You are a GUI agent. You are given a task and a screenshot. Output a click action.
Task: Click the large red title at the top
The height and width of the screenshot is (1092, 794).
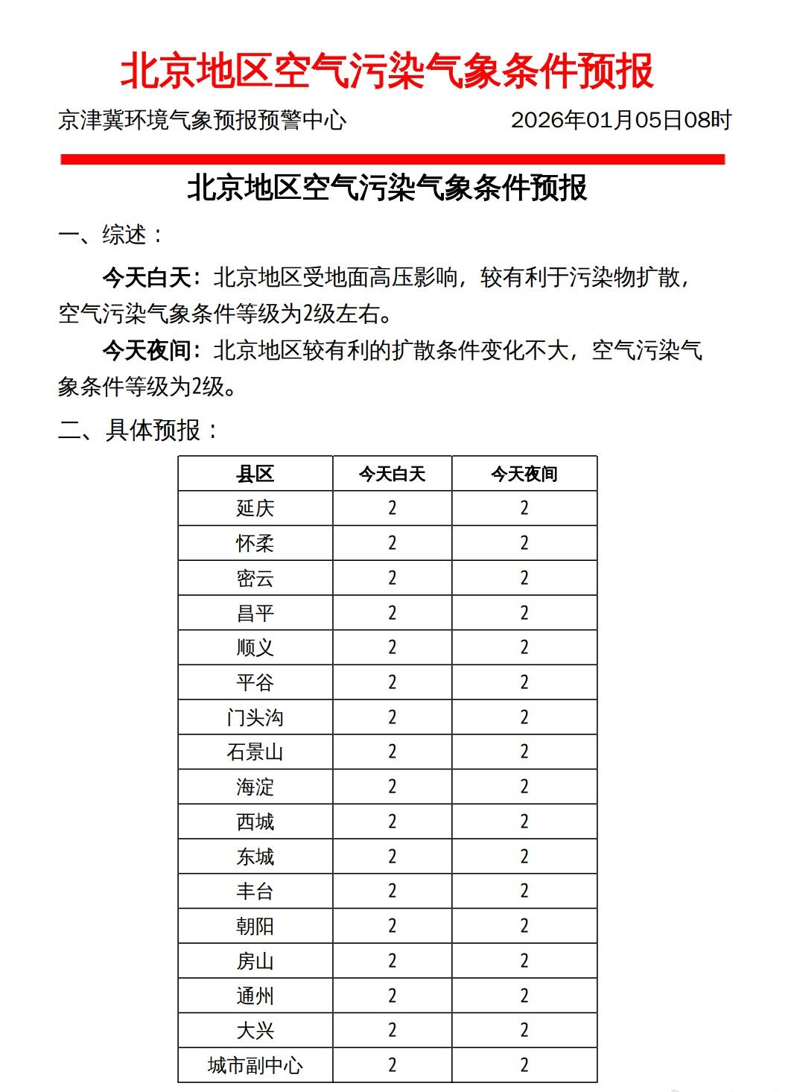pyautogui.click(x=387, y=72)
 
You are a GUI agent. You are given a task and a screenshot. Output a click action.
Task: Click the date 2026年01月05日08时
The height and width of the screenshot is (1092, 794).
pyautogui.click(x=621, y=120)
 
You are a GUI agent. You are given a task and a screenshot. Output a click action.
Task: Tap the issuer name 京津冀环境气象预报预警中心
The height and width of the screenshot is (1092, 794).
pyautogui.click(x=202, y=120)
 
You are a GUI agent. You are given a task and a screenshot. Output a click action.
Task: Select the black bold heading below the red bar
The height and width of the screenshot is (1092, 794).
pyautogui.click(x=387, y=188)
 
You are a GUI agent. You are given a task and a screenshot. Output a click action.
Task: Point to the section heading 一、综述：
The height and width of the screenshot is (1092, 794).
pyautogui.click(x=112, y=235)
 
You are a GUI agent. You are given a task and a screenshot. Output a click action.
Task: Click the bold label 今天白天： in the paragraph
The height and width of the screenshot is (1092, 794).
pyautogui.click(x=152, y=278)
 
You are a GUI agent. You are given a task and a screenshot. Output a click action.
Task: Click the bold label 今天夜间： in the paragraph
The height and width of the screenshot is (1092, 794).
pyautogui.click(x=152, y=350)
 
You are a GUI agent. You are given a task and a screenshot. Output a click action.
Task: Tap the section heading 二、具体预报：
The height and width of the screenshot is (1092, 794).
pyautogui.click(x=139, y=430)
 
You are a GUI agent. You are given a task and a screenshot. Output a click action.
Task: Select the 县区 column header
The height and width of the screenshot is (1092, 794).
pyautogui.click(x=255, y=474)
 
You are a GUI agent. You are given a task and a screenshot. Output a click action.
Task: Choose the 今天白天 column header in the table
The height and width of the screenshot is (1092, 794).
pyautogui.click(x=392, y=474)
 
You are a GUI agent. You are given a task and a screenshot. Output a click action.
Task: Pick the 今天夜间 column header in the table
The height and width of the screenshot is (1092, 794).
pyautogui.click(x=524, y=474)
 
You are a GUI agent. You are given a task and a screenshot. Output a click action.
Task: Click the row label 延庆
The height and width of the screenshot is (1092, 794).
pyautogui.click(x=255, y=509)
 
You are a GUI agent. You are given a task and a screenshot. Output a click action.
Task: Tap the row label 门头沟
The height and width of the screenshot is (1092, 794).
pyautogui.click(x=255, y=717)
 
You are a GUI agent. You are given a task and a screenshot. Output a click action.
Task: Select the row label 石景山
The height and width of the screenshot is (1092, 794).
pyautogui.click(x=255, y=752)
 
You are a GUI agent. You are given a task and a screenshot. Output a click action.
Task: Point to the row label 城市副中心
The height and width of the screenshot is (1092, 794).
pyautogui.click(x=255, y=1066)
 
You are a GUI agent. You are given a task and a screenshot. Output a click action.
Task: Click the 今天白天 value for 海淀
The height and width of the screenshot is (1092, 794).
pyautogui.click(x=392, y=787)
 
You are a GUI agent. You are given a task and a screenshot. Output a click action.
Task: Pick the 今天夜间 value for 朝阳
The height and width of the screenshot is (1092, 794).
pyautogui.click(x=524, y=927)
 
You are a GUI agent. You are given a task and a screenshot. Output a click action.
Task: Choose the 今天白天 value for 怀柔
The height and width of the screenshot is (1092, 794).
pyautogui.click(x=392, y=544)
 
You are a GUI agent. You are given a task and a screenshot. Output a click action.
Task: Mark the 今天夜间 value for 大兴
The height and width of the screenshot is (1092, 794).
pyautogui.click(x=524, y=1031)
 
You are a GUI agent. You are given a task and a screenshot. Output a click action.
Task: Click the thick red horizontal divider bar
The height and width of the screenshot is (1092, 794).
pyautogui.click(x=393, y=159)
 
